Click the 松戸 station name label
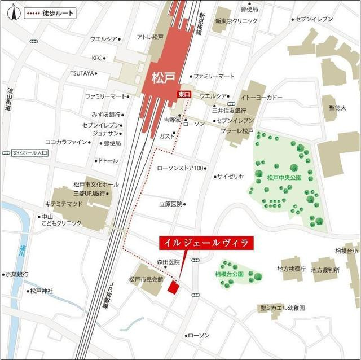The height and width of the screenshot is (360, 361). coord(162,76)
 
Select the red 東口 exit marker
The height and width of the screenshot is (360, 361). coord(183,95)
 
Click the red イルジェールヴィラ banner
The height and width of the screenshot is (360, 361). coord(205,243)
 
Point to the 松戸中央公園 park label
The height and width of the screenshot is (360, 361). coord(284,177)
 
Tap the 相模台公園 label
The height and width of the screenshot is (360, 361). coord(228,274)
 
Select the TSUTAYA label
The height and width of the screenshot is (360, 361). coord(81,73)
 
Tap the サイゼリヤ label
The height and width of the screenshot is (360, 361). coord(231,177)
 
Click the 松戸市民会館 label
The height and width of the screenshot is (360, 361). coord(146,279)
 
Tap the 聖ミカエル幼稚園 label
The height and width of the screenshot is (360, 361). coord(282,309)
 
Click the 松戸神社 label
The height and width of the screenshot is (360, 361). coord(41,291)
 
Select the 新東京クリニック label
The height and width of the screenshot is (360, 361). coord(236,21)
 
